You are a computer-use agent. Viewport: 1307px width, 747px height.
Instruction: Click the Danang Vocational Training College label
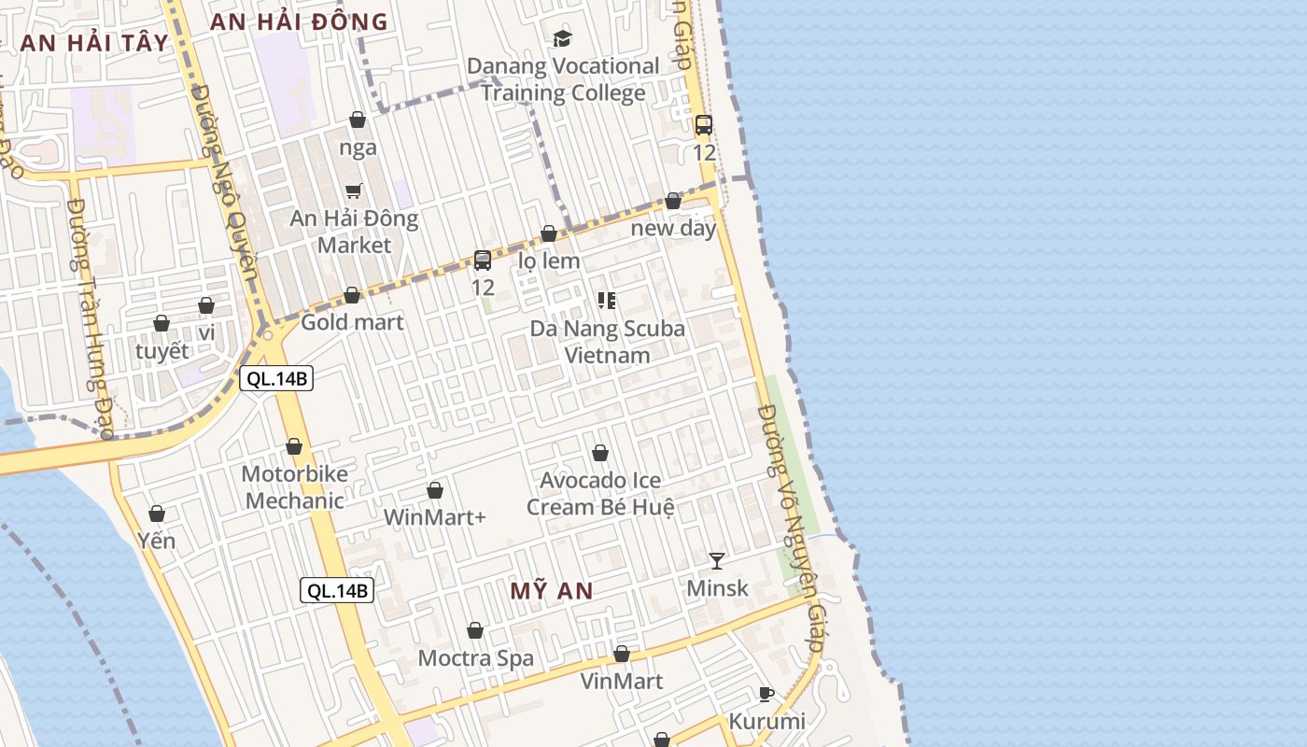pos(563,79)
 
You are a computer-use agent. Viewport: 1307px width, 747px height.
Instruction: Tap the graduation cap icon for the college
pos(562,38)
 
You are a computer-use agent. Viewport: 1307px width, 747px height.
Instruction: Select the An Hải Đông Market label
pos(354,232)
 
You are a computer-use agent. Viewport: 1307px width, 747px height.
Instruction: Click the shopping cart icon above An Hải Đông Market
pos(354,190)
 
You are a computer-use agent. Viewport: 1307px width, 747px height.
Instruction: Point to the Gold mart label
pos(352,322)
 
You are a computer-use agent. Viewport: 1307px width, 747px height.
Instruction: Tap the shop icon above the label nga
pos(358,120)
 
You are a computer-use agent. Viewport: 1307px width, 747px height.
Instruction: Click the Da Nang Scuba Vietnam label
pos(607,342)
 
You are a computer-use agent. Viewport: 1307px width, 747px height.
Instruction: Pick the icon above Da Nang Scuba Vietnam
pos(607,300)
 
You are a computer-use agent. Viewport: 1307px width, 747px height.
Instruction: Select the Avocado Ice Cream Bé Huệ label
pos(600,494)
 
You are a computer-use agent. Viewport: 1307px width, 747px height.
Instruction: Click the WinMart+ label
pos(435,516)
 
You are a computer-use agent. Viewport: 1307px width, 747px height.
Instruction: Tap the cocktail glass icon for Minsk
pos(717,560)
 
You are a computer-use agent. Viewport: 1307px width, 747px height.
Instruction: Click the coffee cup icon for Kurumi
pos(766,694)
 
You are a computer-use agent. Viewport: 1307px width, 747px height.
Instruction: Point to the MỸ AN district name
pos(552,591)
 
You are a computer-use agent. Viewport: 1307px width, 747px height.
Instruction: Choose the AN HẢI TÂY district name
pos(94,43)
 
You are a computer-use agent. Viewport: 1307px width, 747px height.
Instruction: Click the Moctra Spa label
pos(476,658)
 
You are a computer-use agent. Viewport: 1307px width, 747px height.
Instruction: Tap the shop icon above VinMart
pos(622,654)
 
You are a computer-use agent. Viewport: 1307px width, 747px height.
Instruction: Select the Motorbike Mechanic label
pos(294,486)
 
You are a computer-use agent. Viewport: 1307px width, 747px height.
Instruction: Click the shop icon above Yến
pos(157,514)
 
